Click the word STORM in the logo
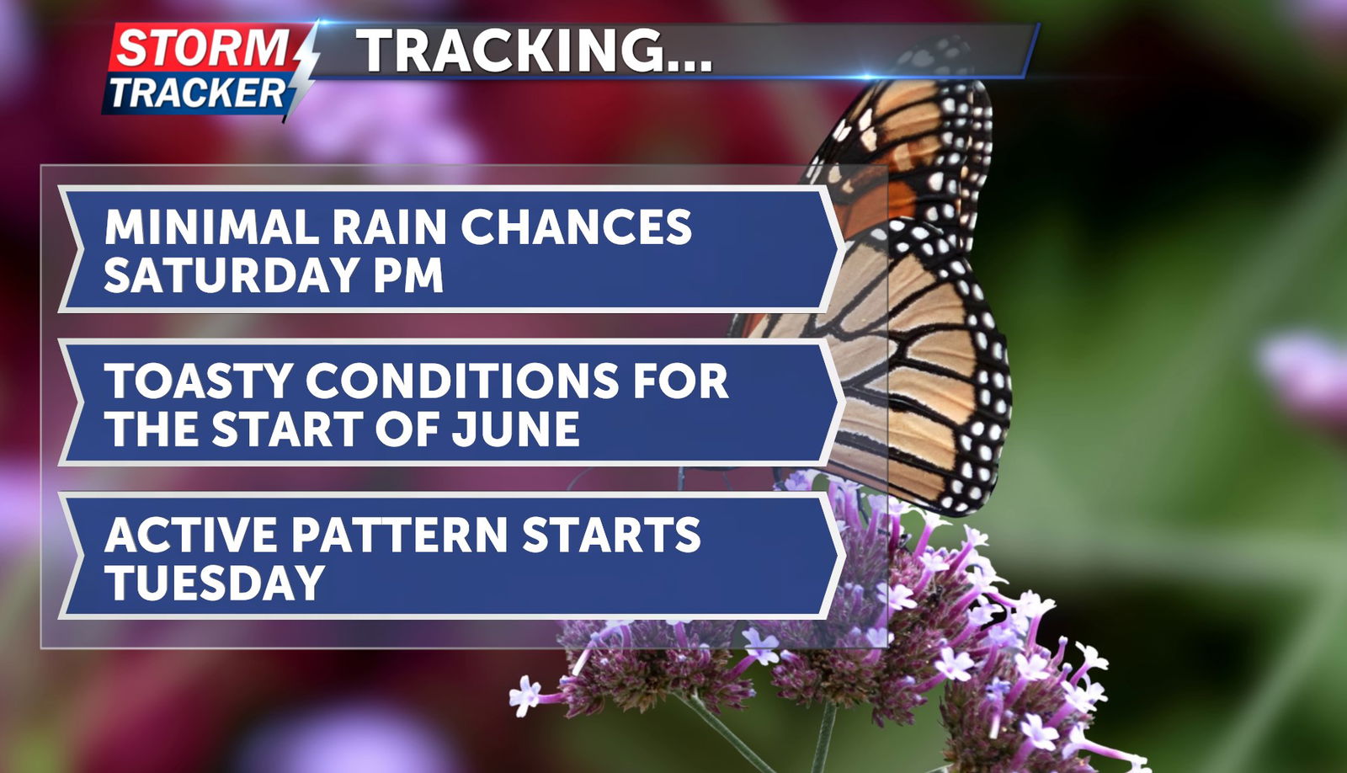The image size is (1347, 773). [x=201, y=47]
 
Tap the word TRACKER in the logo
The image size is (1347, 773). [x=197, y=93]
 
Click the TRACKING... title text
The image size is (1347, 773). [x=535, y=51]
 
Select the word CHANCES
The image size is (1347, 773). [x=576, y=227]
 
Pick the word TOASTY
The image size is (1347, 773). [x=199, y=381]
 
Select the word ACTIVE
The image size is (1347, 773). [x=190, y=535]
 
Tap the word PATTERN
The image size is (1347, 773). [x=400, y=535]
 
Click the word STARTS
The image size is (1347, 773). [x=611, y=535]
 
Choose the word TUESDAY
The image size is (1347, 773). [x=215, y=583]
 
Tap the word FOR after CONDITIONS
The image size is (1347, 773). [x=680, y=381]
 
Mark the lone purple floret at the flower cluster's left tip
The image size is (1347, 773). [x=525, y=696]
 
